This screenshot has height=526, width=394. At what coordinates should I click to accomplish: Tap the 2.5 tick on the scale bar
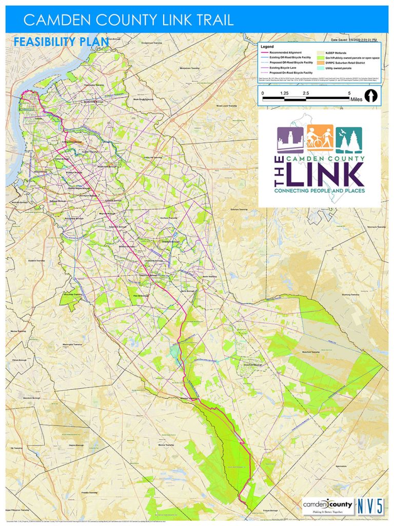[306, 93]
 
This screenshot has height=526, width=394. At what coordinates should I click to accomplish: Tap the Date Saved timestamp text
[354, 40]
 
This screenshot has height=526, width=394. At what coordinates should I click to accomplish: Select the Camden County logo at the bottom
[328, 506]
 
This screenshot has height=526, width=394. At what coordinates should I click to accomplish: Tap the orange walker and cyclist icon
[320, 139]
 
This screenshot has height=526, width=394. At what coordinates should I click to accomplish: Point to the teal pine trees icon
[349, 139]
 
